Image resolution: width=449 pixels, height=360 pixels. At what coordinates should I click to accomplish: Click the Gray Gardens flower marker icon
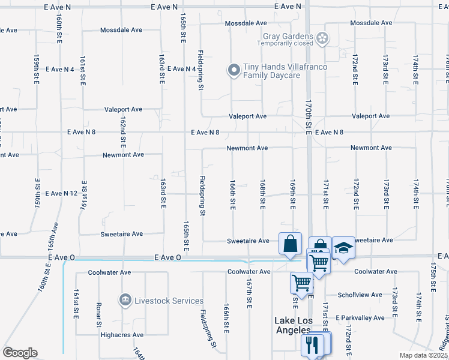coord(323,38)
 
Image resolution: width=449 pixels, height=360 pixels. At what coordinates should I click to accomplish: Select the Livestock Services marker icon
coord(125,299)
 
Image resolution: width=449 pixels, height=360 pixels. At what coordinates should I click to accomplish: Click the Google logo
coord(20,353)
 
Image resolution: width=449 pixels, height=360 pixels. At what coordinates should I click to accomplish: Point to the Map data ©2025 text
coord(423,355)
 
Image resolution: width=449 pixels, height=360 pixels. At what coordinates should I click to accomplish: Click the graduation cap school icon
coord(343,247)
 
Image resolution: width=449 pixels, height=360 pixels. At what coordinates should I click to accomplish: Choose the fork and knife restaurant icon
coord(312,344)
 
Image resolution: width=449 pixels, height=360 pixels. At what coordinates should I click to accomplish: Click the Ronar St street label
coord(99,314)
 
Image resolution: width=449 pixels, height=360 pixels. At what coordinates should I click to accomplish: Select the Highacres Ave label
coord(121,335)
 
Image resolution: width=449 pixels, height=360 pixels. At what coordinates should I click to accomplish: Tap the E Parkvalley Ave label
coord(360,317)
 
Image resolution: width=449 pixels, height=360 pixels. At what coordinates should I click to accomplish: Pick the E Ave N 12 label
coord(61,193)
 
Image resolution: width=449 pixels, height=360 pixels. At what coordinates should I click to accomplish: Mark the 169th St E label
coord(293,194)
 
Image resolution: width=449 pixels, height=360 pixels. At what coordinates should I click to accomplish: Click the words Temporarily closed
coord(285,43)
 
